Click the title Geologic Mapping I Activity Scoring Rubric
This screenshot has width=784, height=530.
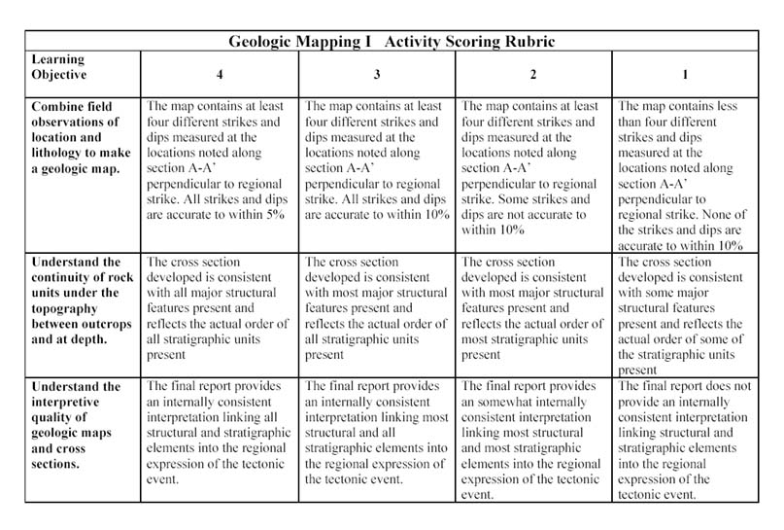392,43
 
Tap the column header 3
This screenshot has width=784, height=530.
377,74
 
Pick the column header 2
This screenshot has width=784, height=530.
533,74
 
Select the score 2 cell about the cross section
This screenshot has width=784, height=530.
533,308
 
